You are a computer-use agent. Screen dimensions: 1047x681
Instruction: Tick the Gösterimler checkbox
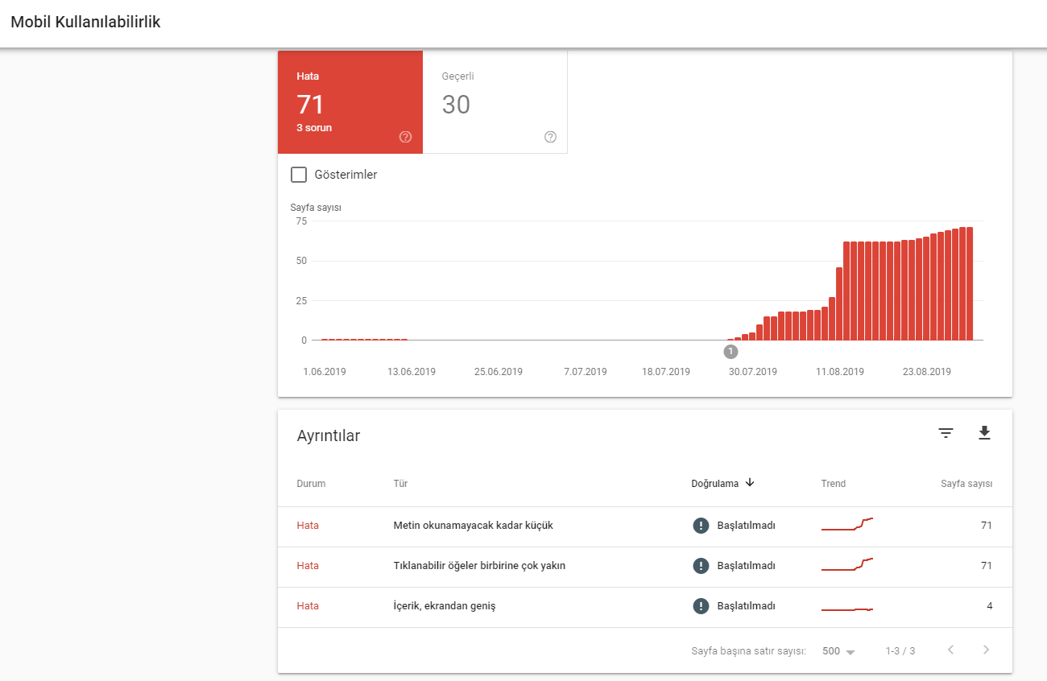(299, 175)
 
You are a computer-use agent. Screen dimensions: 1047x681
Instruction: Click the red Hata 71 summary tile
(350, 101)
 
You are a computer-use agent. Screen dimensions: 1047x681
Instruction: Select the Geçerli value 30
(456, 105)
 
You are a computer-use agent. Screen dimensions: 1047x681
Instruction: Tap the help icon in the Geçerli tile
(550, 137)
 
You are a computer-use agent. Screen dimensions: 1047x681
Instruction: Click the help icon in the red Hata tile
(405, 137)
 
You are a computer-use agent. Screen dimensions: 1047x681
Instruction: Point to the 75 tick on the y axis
(301, 221)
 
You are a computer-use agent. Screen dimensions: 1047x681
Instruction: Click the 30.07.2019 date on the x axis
(752, 372)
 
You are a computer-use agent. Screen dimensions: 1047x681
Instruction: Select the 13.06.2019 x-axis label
(412, 372)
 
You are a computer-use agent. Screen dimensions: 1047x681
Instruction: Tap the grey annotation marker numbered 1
(730, 352)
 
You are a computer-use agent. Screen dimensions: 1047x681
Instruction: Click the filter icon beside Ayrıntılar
(946, 433)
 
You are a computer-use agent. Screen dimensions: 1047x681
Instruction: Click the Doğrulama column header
(714, 484)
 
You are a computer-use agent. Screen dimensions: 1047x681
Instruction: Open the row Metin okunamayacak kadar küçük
(473, 526)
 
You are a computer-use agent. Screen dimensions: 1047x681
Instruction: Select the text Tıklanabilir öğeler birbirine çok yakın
(479, 566)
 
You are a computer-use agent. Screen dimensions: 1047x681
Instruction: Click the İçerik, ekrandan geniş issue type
(444, 606)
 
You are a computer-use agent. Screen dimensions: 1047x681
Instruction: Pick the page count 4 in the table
(989, 606)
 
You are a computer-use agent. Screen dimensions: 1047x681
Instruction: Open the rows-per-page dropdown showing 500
(838, 651)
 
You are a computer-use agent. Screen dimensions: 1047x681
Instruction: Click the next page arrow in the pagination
(987, 650)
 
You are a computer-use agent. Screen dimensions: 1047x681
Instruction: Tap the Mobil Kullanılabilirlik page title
(85, 22)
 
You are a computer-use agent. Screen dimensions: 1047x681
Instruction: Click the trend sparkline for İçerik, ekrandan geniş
(847, 609)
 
